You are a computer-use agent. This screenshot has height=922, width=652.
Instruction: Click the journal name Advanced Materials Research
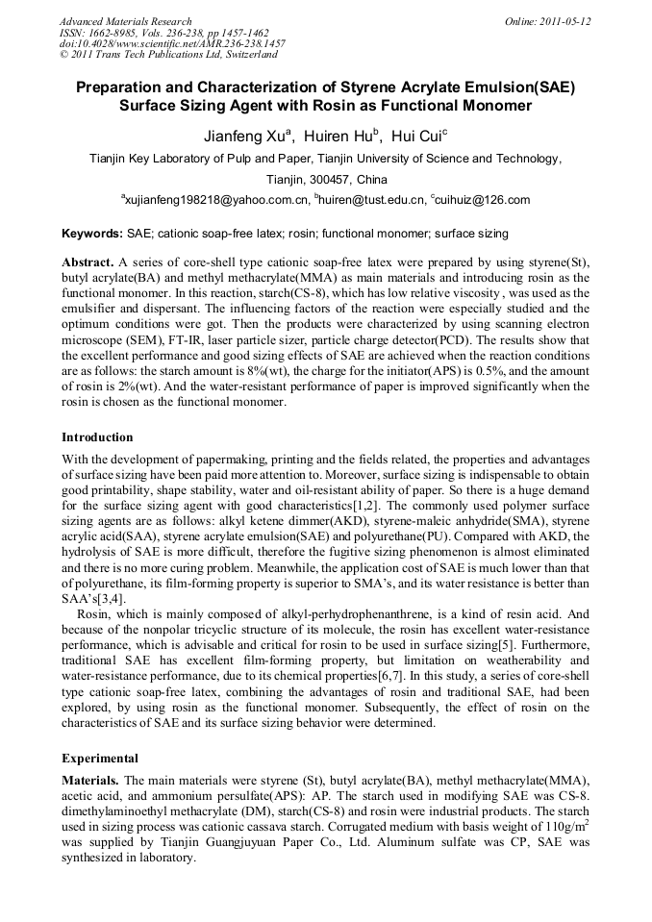125,21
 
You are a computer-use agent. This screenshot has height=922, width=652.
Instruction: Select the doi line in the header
172,43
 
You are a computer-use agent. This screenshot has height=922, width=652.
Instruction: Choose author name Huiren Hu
341,135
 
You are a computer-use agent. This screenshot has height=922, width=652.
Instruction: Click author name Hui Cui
418,135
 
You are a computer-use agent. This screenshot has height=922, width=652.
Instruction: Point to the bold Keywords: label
91,234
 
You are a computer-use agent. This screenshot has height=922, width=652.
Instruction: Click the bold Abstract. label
88,262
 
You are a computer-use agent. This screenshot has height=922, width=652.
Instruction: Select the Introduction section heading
97,437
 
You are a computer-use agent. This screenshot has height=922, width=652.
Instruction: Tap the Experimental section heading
100,758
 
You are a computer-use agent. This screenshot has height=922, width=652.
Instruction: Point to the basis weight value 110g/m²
559,828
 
